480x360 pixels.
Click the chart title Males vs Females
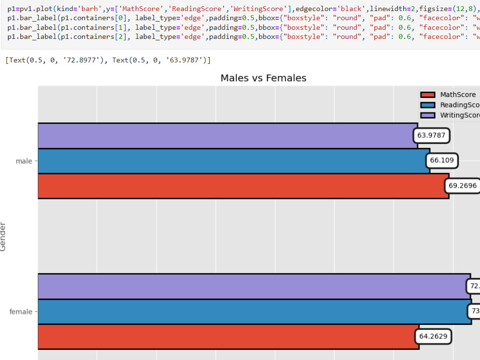coord(263,78)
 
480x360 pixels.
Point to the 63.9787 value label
coord(431,135)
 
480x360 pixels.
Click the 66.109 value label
coord(441,160)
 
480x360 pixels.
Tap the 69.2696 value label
coord(462,185)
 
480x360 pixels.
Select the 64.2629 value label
coord(433,336)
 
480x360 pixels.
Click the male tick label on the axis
coord(24,161)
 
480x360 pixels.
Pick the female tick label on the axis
coord(21,312)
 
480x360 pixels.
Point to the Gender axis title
coord(3,236)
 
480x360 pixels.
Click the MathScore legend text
coord(458,95)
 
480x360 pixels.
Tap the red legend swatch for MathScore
coord(427,95)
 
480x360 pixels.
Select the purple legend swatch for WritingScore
coord(427,115)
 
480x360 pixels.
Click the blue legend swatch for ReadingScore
coord(427,105)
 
